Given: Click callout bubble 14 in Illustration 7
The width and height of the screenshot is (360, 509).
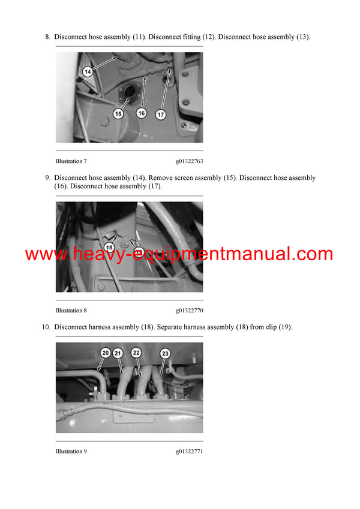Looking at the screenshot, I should [x=88, y=72].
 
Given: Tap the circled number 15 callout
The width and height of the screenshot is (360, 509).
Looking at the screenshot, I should [x=118, y=113].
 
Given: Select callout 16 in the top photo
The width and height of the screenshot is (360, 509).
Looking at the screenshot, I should [x=142, y=113].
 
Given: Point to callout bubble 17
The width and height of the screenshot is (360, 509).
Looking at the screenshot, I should [x=161, y=113].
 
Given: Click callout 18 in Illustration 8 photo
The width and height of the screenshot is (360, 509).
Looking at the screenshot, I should [x=109, y=247].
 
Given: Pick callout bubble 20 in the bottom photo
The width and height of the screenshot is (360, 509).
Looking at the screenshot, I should [x=105, y=353].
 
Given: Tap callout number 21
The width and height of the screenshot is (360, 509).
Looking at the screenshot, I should [x=118, y=353].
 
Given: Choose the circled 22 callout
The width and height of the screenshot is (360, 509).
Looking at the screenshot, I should [x=136, y=353].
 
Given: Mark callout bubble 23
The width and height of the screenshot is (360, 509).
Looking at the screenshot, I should [x=165, y=353].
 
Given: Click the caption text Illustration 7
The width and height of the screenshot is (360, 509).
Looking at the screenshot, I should [x=71, y=161].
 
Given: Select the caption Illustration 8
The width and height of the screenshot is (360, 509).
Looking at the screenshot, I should [x=71, y=311].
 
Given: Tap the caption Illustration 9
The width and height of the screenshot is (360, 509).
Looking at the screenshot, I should [x=71, y=451].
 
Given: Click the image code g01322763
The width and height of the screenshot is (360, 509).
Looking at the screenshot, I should [x=189, y=161].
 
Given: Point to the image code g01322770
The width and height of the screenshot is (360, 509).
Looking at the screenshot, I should [x=189, y=311].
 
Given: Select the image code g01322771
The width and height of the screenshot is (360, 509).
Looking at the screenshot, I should [x=189, y=451].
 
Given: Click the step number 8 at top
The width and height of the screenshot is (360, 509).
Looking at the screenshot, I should [x=47, y=37].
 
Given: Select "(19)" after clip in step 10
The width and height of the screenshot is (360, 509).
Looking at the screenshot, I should [x=284, y=327].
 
